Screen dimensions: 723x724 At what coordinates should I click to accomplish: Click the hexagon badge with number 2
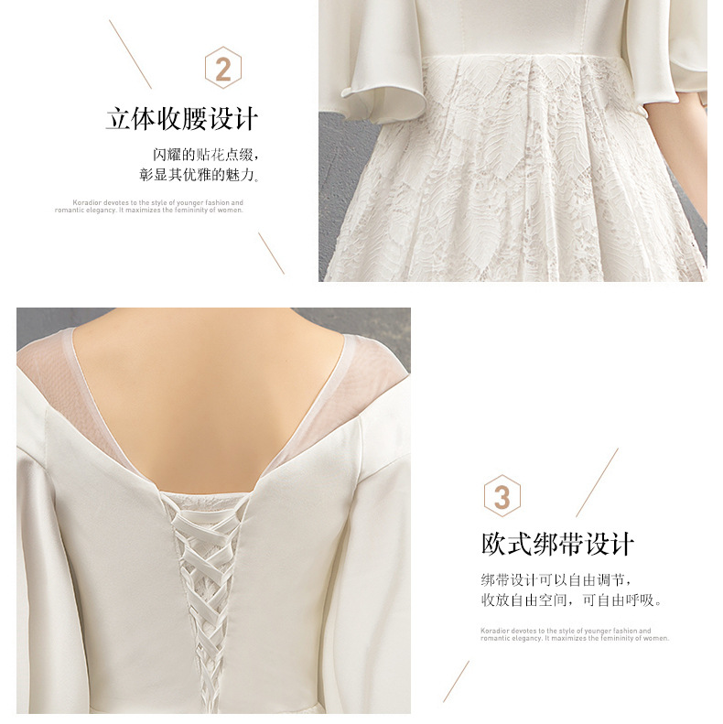[223, 68]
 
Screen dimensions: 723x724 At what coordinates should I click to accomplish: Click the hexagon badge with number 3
[502, 496]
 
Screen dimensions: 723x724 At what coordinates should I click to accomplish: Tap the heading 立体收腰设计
[182, 119]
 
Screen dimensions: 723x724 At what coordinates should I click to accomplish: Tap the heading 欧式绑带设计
[557, 544]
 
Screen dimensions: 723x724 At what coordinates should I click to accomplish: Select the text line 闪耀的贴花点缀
[205, 154]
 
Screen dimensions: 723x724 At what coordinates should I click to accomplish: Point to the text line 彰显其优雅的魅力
[199, 175]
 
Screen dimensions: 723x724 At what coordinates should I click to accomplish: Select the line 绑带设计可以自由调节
[556, 579]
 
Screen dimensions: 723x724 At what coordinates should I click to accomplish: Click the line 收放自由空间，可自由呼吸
[572, 600]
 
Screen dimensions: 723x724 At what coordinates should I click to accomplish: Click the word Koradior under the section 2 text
[87, 202]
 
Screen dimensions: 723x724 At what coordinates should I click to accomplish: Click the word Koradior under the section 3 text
[495, 631]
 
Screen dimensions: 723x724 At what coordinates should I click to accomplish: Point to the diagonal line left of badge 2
[130, 54]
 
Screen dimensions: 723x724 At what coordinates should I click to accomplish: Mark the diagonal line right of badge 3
[597, 482]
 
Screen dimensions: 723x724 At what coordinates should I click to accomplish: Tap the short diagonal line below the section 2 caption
[271, 253]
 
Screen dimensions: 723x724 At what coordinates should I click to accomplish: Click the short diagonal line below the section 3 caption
[456, 682]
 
